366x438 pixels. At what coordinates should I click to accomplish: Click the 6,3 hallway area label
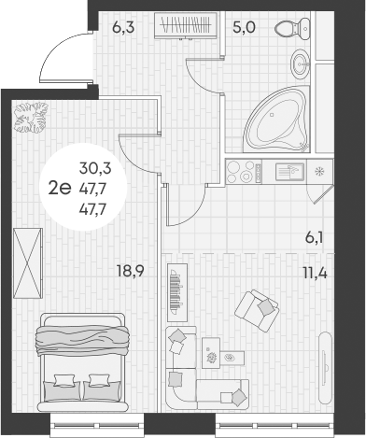[x=123, y=27]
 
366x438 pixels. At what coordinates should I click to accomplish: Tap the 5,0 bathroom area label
[x=245, y=27]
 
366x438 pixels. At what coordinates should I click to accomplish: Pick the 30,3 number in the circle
[x=94, y=168]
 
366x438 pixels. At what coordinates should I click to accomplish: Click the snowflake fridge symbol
[x=319, y=172]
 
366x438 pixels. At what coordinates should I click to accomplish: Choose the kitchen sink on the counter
[x=288, y=171]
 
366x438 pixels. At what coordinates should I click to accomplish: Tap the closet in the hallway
[x=187, y=24]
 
